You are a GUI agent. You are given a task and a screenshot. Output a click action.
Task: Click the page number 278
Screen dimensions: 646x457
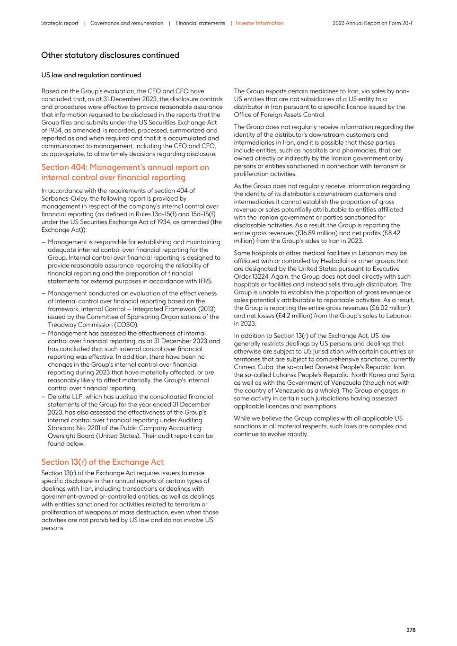coord(411,630)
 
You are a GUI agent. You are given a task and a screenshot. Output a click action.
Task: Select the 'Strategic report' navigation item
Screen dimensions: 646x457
coord(60,23)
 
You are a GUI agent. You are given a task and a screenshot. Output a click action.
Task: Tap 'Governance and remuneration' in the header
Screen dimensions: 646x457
coord(126,23)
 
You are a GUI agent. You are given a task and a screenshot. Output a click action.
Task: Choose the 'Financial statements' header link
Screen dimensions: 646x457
coord(200,23)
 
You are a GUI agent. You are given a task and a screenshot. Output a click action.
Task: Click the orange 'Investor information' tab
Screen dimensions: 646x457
coord(260,23)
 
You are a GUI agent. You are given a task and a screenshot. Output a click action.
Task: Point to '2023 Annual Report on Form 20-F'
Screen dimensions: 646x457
coord(373,23)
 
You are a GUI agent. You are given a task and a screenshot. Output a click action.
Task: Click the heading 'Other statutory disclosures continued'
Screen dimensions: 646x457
coord(110,55)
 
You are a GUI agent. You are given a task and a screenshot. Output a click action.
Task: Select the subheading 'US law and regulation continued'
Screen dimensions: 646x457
coord(91,75)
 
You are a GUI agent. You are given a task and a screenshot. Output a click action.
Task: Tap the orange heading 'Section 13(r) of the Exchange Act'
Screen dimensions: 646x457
coord(102,462)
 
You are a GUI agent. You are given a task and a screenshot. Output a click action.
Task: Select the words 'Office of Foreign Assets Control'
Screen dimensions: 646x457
coord(279,115)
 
